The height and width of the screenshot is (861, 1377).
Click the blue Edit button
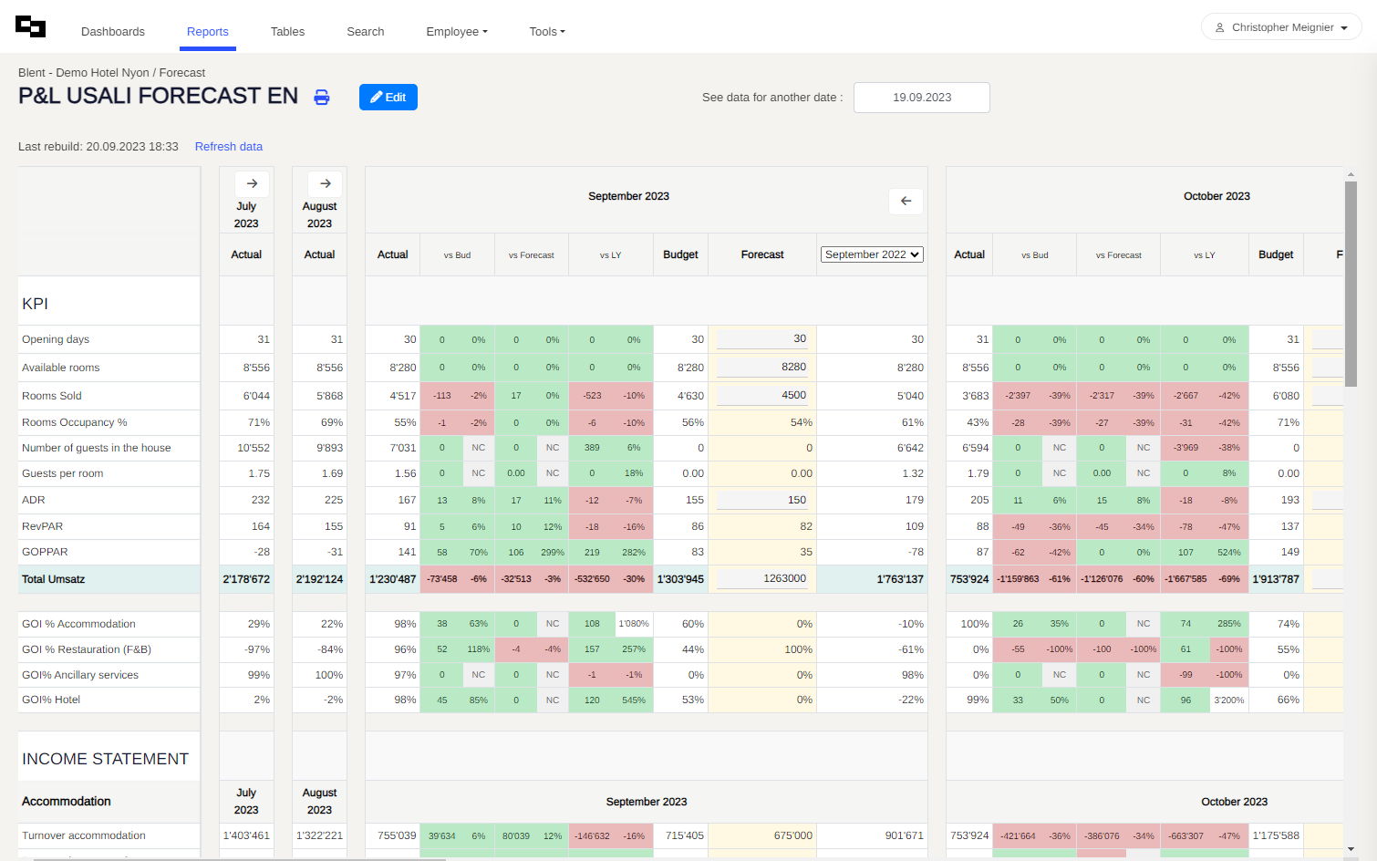[x=388, y=98]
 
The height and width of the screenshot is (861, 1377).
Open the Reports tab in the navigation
[x=207, y=32]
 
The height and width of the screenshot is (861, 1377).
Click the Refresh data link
[x=228, y=147]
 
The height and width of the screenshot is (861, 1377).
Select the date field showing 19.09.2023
[x=921, y=98]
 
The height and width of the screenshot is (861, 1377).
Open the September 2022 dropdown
[x=872, y=254]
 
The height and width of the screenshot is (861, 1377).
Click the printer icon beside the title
[x=322, y=98]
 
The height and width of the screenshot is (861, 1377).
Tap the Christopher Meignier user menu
[x=1280, y=27]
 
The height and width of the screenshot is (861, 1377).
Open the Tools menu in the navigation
[x=547, y=32]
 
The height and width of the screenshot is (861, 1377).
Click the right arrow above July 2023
[x=252, y=183]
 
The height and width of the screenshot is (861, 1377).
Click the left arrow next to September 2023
[x=906, y=202]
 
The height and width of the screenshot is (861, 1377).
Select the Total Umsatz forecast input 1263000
[x=762, y=578]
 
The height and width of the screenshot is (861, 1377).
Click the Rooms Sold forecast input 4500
[x=762, y=395]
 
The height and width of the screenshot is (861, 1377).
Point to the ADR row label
[x=34, y=500]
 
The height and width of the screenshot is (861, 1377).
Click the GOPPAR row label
[x=45, y=552]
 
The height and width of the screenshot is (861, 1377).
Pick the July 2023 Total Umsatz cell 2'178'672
[x=246, y=579]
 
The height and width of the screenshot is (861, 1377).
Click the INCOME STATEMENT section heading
[x=105, y=759]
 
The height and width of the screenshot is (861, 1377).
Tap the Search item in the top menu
[x=365, y=32]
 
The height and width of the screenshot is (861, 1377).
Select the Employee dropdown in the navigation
[x=456, y=32]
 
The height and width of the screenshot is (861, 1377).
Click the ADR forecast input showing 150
[x=762, y=500]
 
